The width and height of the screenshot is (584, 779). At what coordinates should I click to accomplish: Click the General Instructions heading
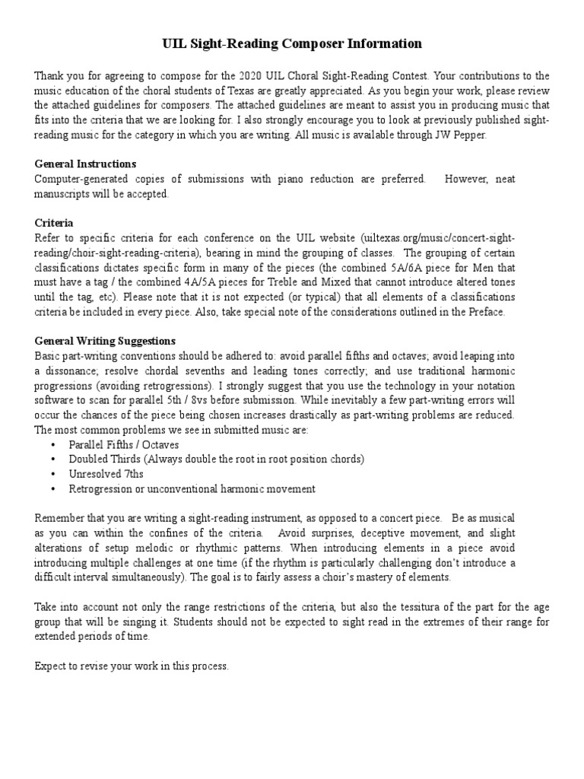(x=85, y=164)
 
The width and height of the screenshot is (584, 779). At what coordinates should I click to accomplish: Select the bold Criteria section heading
(x=54, y=223)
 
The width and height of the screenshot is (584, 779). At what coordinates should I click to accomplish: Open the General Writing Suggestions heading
(x=106, y=340)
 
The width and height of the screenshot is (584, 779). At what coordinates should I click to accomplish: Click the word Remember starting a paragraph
(x=59, y=518)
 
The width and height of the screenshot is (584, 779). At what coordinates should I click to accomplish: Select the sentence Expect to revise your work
(x=131, y=666)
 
